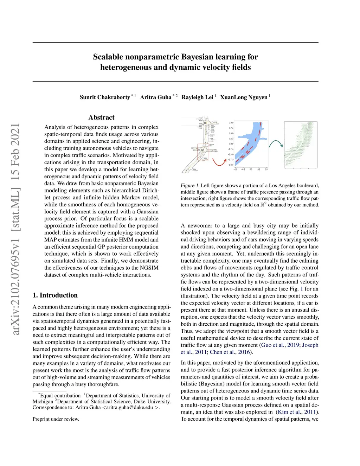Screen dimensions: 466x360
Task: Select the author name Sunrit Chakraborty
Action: [x=105, y=97]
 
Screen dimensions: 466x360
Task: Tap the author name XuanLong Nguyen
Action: [x=244, y=97]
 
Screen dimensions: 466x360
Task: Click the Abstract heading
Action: [x=101, y=117]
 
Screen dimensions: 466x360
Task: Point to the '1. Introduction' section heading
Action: [x=55, y=295]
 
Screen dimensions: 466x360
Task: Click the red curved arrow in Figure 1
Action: [x=219, y=162]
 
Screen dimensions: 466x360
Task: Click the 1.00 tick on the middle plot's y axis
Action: [x=231, y=123]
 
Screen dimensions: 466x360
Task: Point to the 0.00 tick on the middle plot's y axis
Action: [x=231, y=144]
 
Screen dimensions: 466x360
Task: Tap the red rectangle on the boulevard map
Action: [x=203, y=152]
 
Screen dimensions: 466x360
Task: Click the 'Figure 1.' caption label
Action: [x=190, y=185]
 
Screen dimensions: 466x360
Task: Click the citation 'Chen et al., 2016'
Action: [x=230, y=352]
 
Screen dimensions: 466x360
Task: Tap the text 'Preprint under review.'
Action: [x=56, y=419]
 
